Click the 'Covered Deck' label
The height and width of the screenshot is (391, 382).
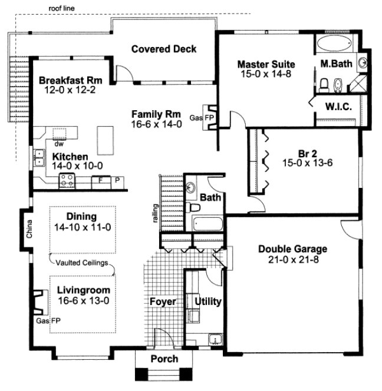pyautogui.click(x=164, y=49)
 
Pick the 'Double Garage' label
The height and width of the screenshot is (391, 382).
pyautogui.click(x=292, y=248)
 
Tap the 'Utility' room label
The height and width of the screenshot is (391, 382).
pyautogui.click(x=208, y=301)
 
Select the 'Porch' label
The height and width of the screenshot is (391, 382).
pyautogui.click(x=164, y=359)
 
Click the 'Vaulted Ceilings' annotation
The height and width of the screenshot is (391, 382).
pyautogui.click(x=82, y=263)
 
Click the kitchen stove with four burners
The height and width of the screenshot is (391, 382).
pyautogui.click(x=66, y=183)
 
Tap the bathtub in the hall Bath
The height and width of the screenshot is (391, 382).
pyautogui.click(x=207, y=224)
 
